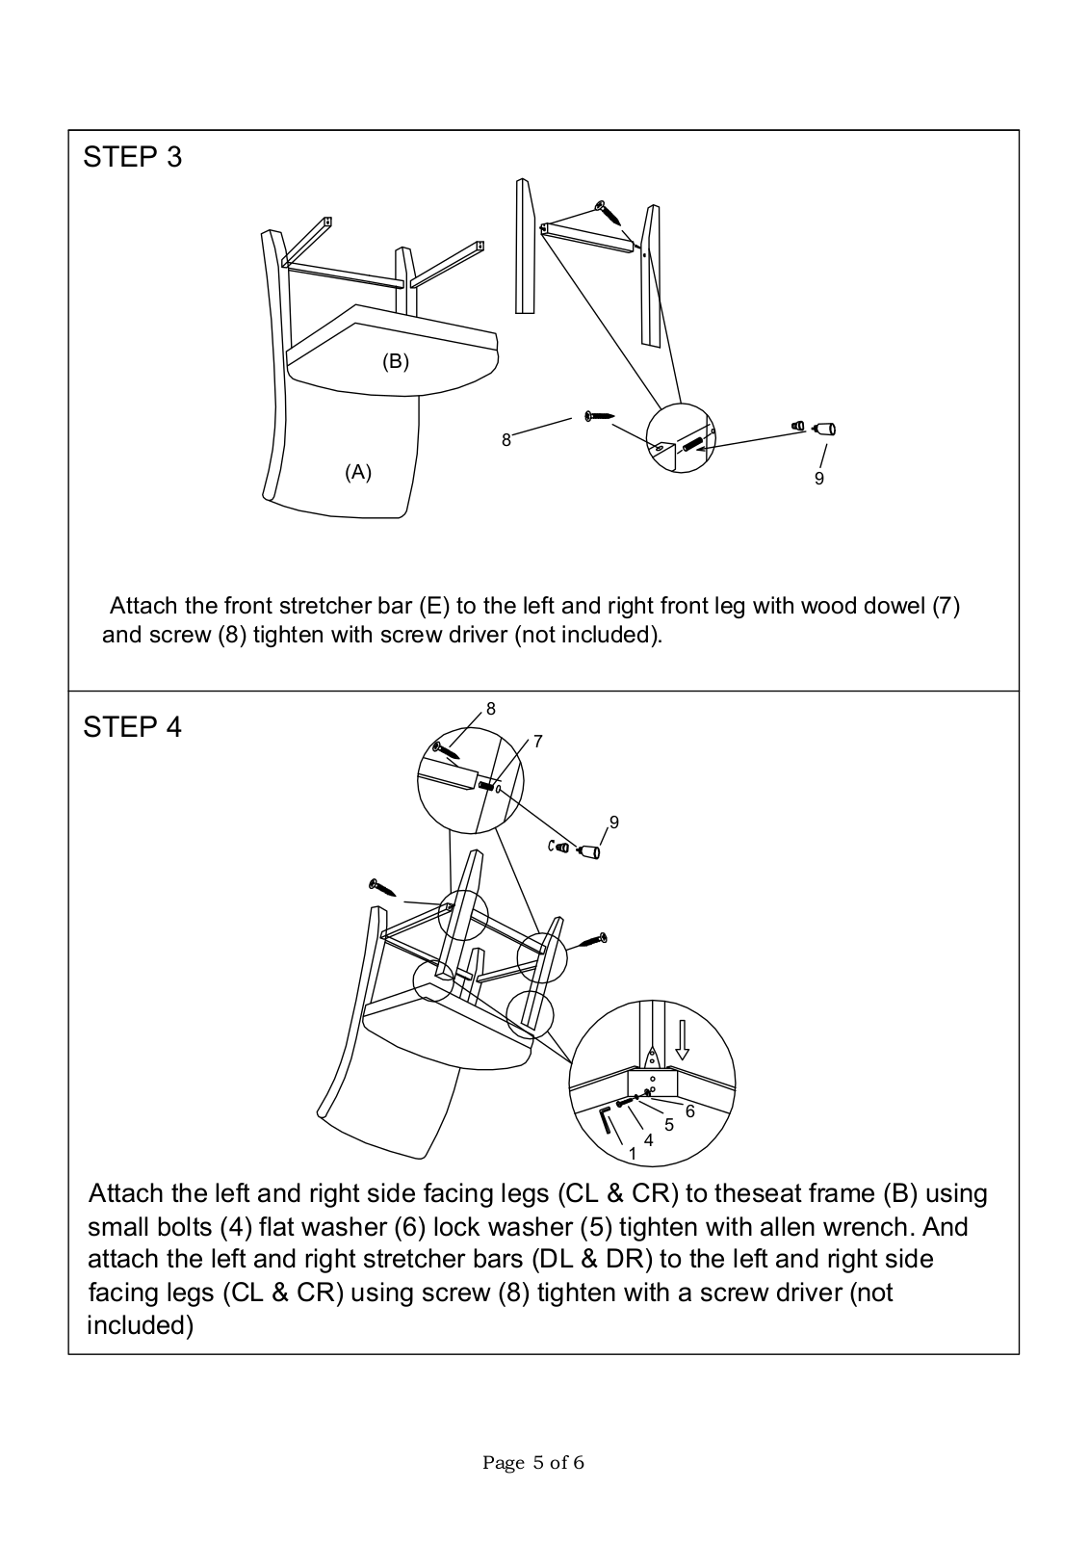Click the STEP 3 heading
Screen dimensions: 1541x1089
pyautogui.click(x=132, y=157)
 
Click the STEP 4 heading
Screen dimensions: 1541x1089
pyautogui.click(x=132, y=727)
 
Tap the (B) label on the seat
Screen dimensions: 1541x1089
pyautogui.click(x=396, y=361)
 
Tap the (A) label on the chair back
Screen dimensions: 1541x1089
pyautogui.click(x=358, y=472)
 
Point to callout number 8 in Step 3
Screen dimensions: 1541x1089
pyautogui.click(x=506, y=440)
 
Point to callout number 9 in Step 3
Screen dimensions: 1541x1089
pyautogui.click(x=819, y=479)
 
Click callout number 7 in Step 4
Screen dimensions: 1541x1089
pyautogui.click(x=537, y=742)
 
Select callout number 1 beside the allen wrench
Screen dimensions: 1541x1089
pyautogui.click(x=633, y=1153)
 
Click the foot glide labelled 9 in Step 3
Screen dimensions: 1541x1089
pyautogui.click(x=824, y=429)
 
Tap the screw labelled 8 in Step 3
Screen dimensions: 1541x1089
pyautogui.click(x=598, y=416)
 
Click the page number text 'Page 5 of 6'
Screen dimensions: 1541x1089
pyautogui.click(x=533, y=1463)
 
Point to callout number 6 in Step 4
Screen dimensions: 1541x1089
pyautogui.click(x=689, y=1111)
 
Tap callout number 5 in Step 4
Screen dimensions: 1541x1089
pyautogui.click(x=669, y=1124)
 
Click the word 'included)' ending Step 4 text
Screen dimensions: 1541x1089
pyautogui.click(x=141, y=1325)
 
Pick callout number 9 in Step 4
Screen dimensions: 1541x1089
pyautogui.click(x=613, y=823)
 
